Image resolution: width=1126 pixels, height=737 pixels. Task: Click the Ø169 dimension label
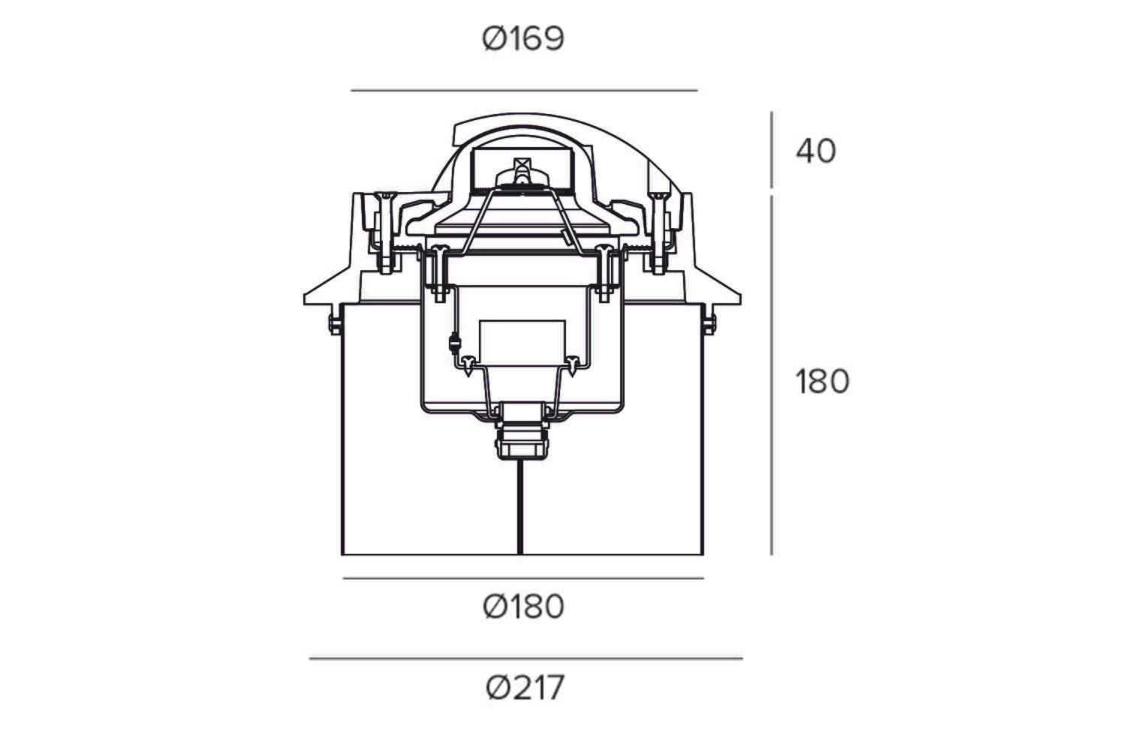tap(523, 39)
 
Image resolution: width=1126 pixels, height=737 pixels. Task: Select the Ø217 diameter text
tap(525, 687)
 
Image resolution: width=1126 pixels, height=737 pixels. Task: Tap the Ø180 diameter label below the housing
tap(523, 607)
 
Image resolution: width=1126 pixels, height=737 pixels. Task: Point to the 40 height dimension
tap(816, 151)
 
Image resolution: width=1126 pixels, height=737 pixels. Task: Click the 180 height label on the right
tap(823, 381)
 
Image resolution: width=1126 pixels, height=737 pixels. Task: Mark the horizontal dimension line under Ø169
tap(524, 91)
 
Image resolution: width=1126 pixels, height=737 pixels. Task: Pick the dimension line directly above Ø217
tap(525, 658)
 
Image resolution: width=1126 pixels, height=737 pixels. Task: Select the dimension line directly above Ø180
tap(523, 578)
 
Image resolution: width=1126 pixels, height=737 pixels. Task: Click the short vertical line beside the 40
tap(772, 150)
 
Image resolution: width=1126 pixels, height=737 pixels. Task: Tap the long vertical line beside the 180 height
tap(772, 375)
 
